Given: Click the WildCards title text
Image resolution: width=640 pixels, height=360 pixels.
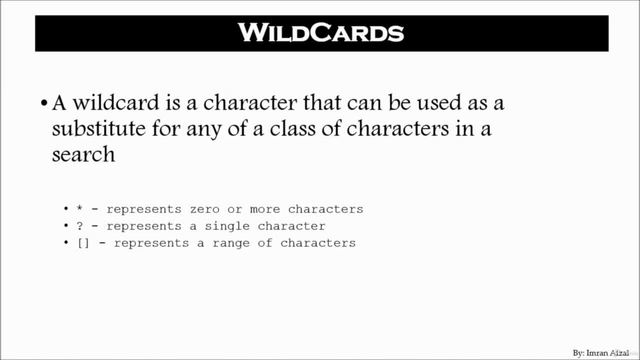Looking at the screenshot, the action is tap(321, 33).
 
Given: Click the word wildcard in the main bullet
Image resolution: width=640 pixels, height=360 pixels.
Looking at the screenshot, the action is tap(115, 102).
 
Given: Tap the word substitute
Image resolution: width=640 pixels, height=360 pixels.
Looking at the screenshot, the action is tap(98, 128).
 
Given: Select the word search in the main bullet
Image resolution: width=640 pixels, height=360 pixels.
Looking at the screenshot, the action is tap(83, 154).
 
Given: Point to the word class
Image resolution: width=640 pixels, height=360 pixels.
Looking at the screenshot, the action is tap(293, 128).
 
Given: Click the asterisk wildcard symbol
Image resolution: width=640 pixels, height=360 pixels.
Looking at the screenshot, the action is tap(79, 207).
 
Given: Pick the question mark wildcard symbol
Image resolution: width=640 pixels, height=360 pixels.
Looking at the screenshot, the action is tap(79, 226).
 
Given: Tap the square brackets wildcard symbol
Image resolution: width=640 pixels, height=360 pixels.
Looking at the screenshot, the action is tap(83, 243).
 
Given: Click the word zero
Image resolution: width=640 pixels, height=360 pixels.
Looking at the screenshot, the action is tap(204, 209).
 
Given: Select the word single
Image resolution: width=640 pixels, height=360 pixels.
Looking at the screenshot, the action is tap(227, 226).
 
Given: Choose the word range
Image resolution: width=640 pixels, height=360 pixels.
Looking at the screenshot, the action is tap(231, 243).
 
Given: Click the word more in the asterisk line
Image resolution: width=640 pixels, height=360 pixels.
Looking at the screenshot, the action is tap(265, 209).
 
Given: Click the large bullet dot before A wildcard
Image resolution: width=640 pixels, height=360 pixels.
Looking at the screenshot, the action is tap(43, 102).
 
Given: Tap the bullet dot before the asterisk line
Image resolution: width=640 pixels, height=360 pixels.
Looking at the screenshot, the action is tap(66, 209).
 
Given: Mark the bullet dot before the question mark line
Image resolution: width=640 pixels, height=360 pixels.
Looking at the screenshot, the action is tap(66, 225).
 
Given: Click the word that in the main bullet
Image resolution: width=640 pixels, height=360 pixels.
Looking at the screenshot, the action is tap(322, 102).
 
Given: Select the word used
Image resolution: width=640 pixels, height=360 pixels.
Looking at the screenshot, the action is tap(439, 102).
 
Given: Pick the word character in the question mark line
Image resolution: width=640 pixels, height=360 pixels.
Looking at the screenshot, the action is tap(291, 226).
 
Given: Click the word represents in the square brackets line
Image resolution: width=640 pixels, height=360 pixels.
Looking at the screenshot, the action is tap(151, 243).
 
